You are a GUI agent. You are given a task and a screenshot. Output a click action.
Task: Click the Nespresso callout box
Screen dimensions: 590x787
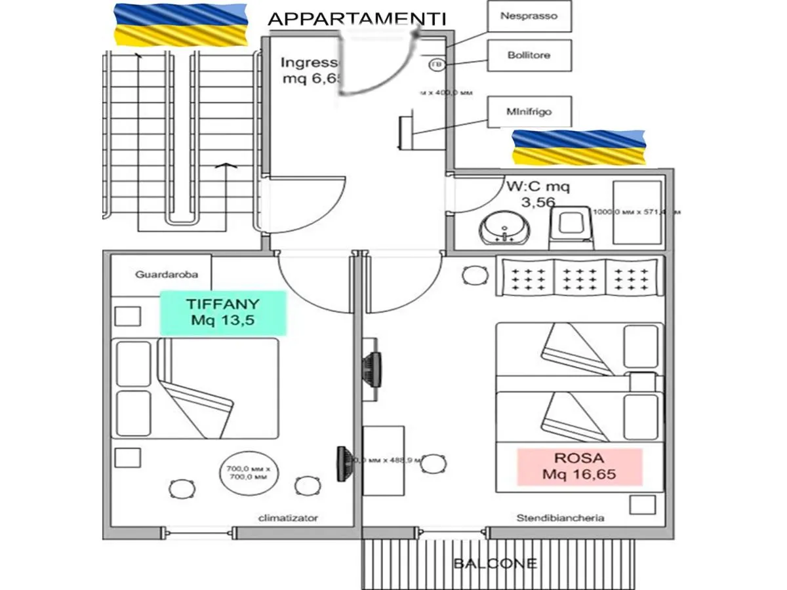coord(529,16)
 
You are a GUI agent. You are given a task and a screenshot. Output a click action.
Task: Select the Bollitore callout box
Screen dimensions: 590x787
coord(529,55)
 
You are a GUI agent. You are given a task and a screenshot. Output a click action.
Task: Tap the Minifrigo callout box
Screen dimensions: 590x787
coord(529,111)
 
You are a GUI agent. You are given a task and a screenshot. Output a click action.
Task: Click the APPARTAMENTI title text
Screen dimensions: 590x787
coord(357,19)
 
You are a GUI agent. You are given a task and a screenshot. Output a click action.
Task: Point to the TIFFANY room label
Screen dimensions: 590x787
coord(223,313)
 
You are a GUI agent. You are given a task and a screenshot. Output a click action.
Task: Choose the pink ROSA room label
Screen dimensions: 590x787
coord(579,467)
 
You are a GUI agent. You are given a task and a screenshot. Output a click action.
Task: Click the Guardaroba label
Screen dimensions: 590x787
coord(167,275)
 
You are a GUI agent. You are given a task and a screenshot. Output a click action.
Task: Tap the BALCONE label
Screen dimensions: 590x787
coord(494,563)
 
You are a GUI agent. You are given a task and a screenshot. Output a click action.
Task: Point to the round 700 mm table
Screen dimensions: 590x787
coord(247,472)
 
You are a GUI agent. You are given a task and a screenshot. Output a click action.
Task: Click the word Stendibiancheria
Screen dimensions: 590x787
coord(560,518)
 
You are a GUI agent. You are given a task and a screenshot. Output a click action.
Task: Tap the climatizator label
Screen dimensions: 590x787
coord(288,518)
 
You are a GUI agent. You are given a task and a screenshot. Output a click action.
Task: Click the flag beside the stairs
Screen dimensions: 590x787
coord(181,24)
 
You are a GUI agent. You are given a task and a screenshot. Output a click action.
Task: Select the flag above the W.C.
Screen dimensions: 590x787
coord(578,147)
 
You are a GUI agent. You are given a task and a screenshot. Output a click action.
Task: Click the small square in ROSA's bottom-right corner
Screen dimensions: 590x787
coord(642,505)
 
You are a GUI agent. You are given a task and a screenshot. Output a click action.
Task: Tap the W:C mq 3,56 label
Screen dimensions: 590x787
coord(538,194)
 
